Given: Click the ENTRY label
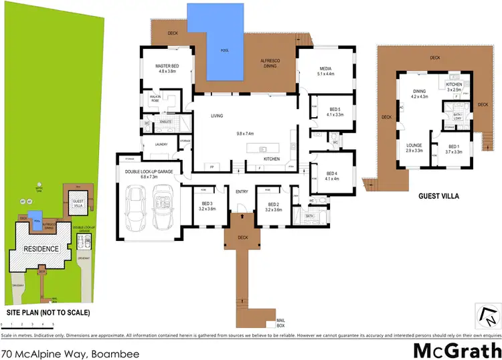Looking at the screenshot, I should (242, 193).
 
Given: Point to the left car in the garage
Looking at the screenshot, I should (137, 206).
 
